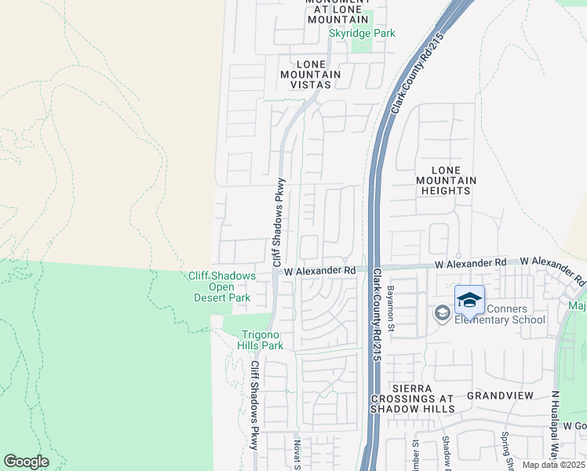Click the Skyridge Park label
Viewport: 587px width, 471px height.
pyautogui.click(x=362, y=34)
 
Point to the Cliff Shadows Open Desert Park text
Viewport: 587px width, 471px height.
pyautogui.click(x=221, y=287)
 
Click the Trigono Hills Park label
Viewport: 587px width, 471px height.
pyautogui.click(x=261, y=339)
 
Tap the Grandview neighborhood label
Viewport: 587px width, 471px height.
pyautogui.click(x=500, y=395)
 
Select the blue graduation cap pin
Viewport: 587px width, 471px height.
pyautogui.click(x=469, y=301)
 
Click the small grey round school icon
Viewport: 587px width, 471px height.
pyautogui.click(x=442, y=314)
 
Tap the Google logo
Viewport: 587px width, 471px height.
pyautogui.click(x=26, y=462)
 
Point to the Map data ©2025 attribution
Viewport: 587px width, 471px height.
pyautogui.click(x=553, y=465)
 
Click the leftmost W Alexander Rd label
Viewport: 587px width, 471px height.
pyautogui.click(x=320, y=270)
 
